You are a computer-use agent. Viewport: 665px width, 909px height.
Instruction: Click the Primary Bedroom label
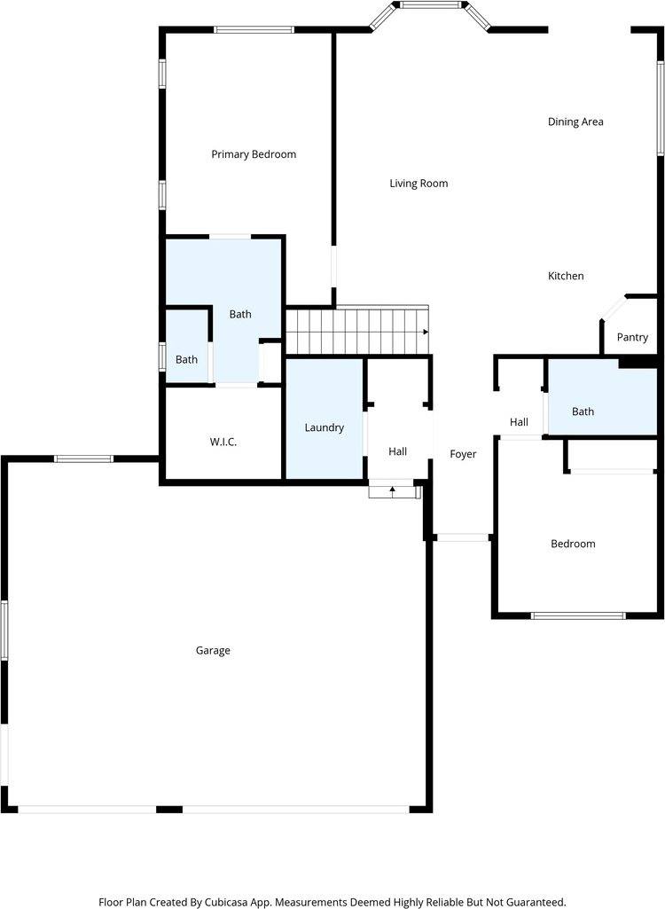tap(254, 154)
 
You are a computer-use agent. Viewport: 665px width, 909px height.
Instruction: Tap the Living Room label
tap(419, 184)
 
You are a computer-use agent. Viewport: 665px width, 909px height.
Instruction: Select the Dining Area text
tap(575, 121)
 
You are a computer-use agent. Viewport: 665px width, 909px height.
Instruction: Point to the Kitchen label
tap(566, 276)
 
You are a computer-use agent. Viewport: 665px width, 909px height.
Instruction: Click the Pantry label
tap(632, 337)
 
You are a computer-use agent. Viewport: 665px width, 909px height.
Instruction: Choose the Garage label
tap(213, 650)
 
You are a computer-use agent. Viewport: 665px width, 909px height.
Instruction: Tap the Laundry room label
tap(324, 427)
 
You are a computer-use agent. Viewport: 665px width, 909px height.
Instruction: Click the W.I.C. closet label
tap(223, 442)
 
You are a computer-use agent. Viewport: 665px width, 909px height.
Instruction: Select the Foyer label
tap(463, 454)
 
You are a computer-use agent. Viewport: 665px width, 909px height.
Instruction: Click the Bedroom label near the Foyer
tap(573, 544)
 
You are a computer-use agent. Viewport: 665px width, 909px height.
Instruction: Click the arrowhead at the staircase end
tap(426, 332)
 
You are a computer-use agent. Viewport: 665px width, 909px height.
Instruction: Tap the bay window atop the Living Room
tap(430, 5)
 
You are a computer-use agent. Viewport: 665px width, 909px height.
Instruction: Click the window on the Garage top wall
tap(83, 458)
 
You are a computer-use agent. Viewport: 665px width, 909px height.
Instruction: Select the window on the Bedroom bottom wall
tap(577, 615)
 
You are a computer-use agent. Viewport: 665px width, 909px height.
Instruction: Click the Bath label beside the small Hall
tap(583, 411)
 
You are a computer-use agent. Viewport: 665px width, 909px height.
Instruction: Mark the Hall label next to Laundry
tap(397, 452)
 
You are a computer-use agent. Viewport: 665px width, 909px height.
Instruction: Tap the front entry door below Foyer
tap(462, 537)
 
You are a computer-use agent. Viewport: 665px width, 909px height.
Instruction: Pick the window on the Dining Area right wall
tap(661, 108)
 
